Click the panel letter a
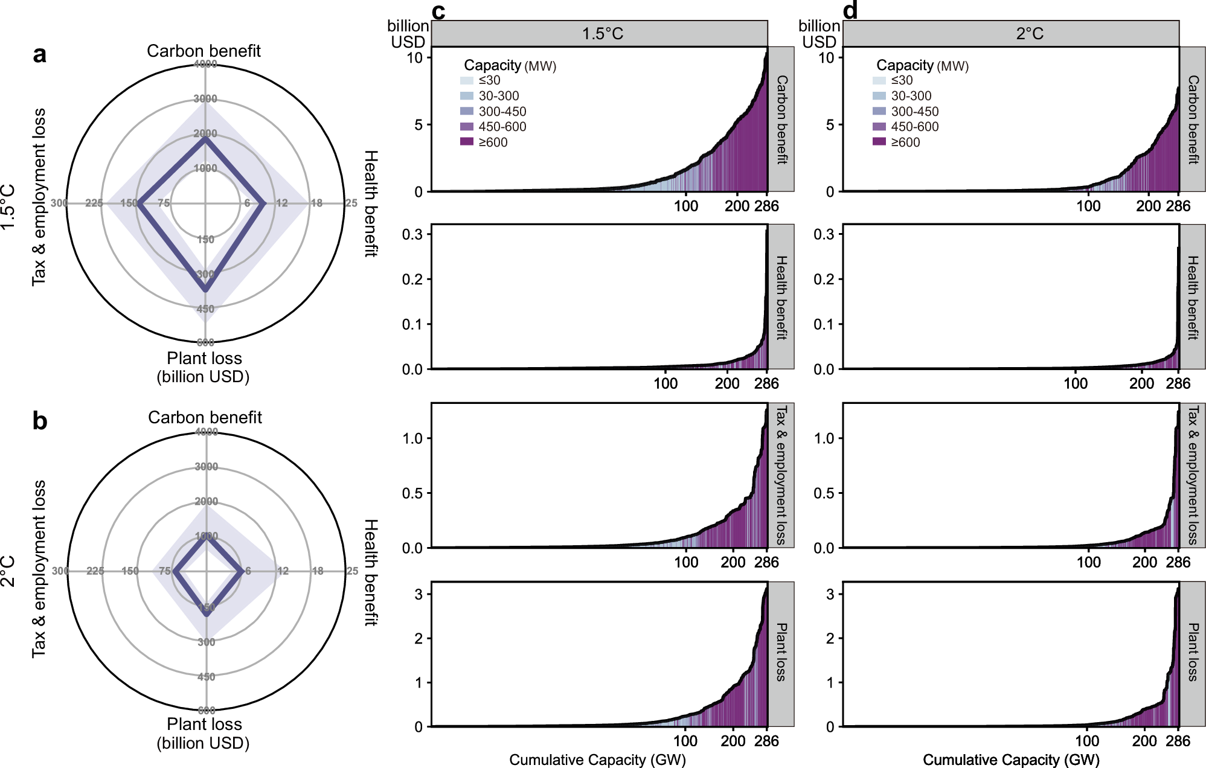point(39,55)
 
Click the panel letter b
point(39,421)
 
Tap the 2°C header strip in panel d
point(1010,33)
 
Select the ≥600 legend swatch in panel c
point(467,142)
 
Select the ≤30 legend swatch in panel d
point(879,80)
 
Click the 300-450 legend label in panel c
point(502,112)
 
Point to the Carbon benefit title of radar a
point(204,51)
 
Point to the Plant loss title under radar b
point(204,724)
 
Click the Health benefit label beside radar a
point(371,203)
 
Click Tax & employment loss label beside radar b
point(39,569)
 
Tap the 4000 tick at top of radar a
point(205,64)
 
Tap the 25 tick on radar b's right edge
point(352,571)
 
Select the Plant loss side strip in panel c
point(781,653)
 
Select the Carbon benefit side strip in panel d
point(1193,119)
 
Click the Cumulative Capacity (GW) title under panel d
point(1010,760)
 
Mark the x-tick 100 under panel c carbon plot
point(686,206)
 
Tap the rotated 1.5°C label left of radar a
point(8,206)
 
